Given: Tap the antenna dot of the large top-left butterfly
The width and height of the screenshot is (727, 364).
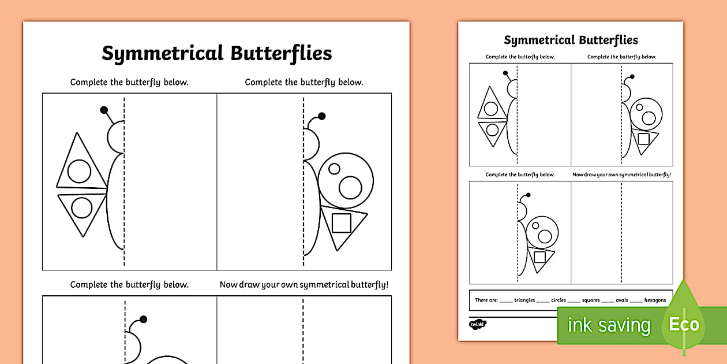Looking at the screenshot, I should pos(104,110).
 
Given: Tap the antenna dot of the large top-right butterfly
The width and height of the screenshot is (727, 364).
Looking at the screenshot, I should pos(321,116).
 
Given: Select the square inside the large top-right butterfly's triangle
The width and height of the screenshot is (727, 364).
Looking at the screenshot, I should pos(342,223).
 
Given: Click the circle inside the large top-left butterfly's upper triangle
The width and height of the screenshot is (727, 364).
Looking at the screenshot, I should pos(79,171).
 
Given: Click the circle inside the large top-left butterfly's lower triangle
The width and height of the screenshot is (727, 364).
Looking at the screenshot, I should pos(81,208).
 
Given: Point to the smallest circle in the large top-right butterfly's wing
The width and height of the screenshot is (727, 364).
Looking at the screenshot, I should pos(333,169).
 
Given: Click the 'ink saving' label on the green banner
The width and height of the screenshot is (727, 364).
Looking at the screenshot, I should pos(609,325).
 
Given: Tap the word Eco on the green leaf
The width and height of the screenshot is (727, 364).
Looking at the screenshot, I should pos(684,324).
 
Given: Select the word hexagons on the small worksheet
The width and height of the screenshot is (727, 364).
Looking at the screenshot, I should pos(655,300).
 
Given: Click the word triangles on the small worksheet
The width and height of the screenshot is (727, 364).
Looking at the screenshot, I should pos(524,300).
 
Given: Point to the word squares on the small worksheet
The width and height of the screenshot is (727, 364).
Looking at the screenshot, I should pos(590,300).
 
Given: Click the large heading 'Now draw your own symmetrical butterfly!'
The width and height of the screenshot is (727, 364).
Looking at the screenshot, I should pos(304,284).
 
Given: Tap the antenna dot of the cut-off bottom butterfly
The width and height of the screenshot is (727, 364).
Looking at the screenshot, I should pos(143,319).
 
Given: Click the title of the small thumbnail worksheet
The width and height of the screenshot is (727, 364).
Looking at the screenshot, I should pos(571,40).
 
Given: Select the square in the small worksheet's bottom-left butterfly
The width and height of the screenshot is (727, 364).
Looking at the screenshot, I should pos(539,257).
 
